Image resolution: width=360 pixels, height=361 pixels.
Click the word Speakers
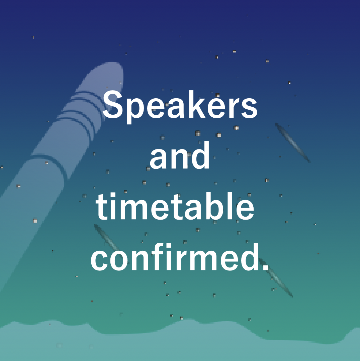[x=180, y=107]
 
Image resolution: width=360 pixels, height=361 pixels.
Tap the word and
[x=180, y=155]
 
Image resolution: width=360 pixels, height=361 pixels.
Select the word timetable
[x=175, y=206]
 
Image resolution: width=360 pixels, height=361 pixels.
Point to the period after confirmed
[x=266, y=267]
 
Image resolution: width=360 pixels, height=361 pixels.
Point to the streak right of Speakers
[x=292, y=142]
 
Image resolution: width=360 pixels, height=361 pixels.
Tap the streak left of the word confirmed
[x=106, y=238]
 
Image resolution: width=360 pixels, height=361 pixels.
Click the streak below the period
[x=276, y=278]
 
